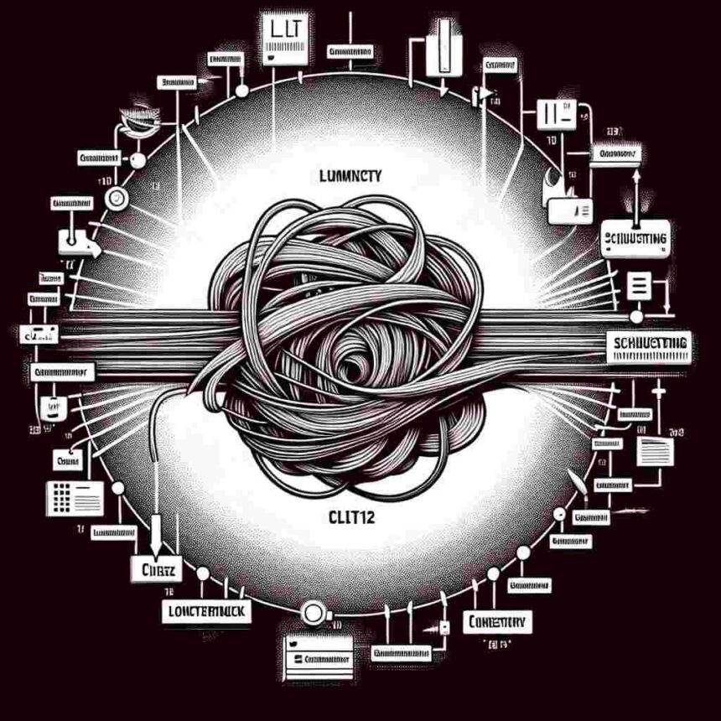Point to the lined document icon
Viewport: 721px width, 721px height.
[655, 451]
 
